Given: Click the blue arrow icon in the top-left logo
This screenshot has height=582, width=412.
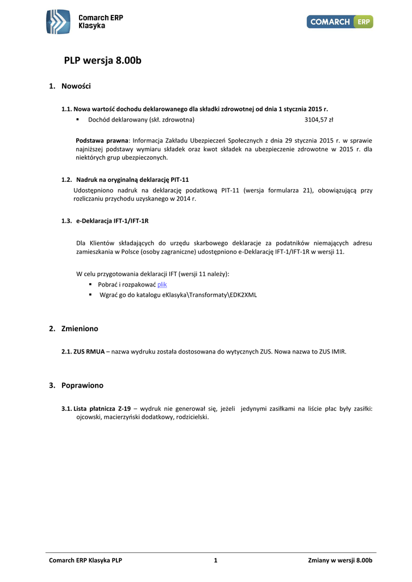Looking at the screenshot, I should [x=59, y=22].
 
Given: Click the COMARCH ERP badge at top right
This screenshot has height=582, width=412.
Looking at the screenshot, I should [x=340, y=22].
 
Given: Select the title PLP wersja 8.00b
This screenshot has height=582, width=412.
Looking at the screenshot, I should [x=102, y=61].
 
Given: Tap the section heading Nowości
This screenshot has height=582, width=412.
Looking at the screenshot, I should [x=76, y=86].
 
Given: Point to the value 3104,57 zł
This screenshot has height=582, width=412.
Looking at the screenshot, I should [x=319, y=120].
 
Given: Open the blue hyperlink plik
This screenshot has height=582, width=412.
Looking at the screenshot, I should [x=162, y=284].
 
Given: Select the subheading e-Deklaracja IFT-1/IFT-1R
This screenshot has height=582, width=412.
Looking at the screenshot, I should [x=112, y=221].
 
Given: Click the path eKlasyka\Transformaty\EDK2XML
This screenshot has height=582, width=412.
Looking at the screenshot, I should [x=210, y=295].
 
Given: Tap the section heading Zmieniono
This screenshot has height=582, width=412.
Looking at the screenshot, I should [x=80, y=329].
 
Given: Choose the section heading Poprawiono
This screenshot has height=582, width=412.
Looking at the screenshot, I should [x=82, y=385].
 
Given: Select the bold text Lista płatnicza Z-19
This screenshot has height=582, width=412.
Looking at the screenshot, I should [x=102, y=408].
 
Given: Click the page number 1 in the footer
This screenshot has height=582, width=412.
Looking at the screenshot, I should [x=215, y=561].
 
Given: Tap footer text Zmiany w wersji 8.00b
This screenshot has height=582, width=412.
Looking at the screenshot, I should [x=340, y=561].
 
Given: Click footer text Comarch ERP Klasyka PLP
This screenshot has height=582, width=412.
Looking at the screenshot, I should [x=86, y=561].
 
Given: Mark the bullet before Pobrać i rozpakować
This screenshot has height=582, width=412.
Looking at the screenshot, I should [x=91, y=284].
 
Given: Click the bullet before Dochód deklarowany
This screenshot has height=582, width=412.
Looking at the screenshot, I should [x=77, y=120].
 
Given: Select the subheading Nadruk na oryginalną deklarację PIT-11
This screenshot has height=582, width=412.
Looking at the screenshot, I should [x=132, y=180].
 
